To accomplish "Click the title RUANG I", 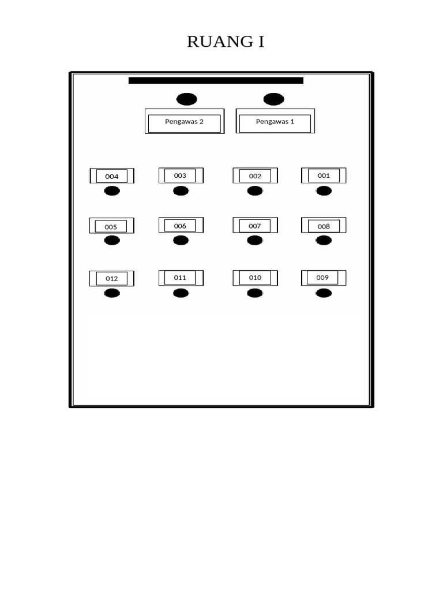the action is coord(226,42).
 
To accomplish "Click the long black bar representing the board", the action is coord(216,80).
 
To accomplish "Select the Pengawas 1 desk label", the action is coord(275,121).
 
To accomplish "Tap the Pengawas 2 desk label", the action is coord(185,121).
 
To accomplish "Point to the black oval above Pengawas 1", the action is coord(274,99).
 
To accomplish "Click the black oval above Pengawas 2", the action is coord(186,99).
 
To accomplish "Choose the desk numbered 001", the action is coord(324,175).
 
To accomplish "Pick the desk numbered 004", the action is coord(112,176).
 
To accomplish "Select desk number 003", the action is coord(181,175).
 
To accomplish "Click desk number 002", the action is coord(256,175).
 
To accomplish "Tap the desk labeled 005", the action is coord(111,226).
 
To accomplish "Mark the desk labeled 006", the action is coord(181,225).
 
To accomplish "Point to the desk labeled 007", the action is coord(256,225).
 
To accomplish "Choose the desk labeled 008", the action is coord(324,225).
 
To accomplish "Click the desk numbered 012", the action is coord(111,279).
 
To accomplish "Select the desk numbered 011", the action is coord(181,278).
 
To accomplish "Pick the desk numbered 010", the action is coord(256,278).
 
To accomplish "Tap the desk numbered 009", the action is coord(324,278).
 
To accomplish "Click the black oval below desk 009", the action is coord(324,293).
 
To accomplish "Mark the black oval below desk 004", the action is coord(112,191).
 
